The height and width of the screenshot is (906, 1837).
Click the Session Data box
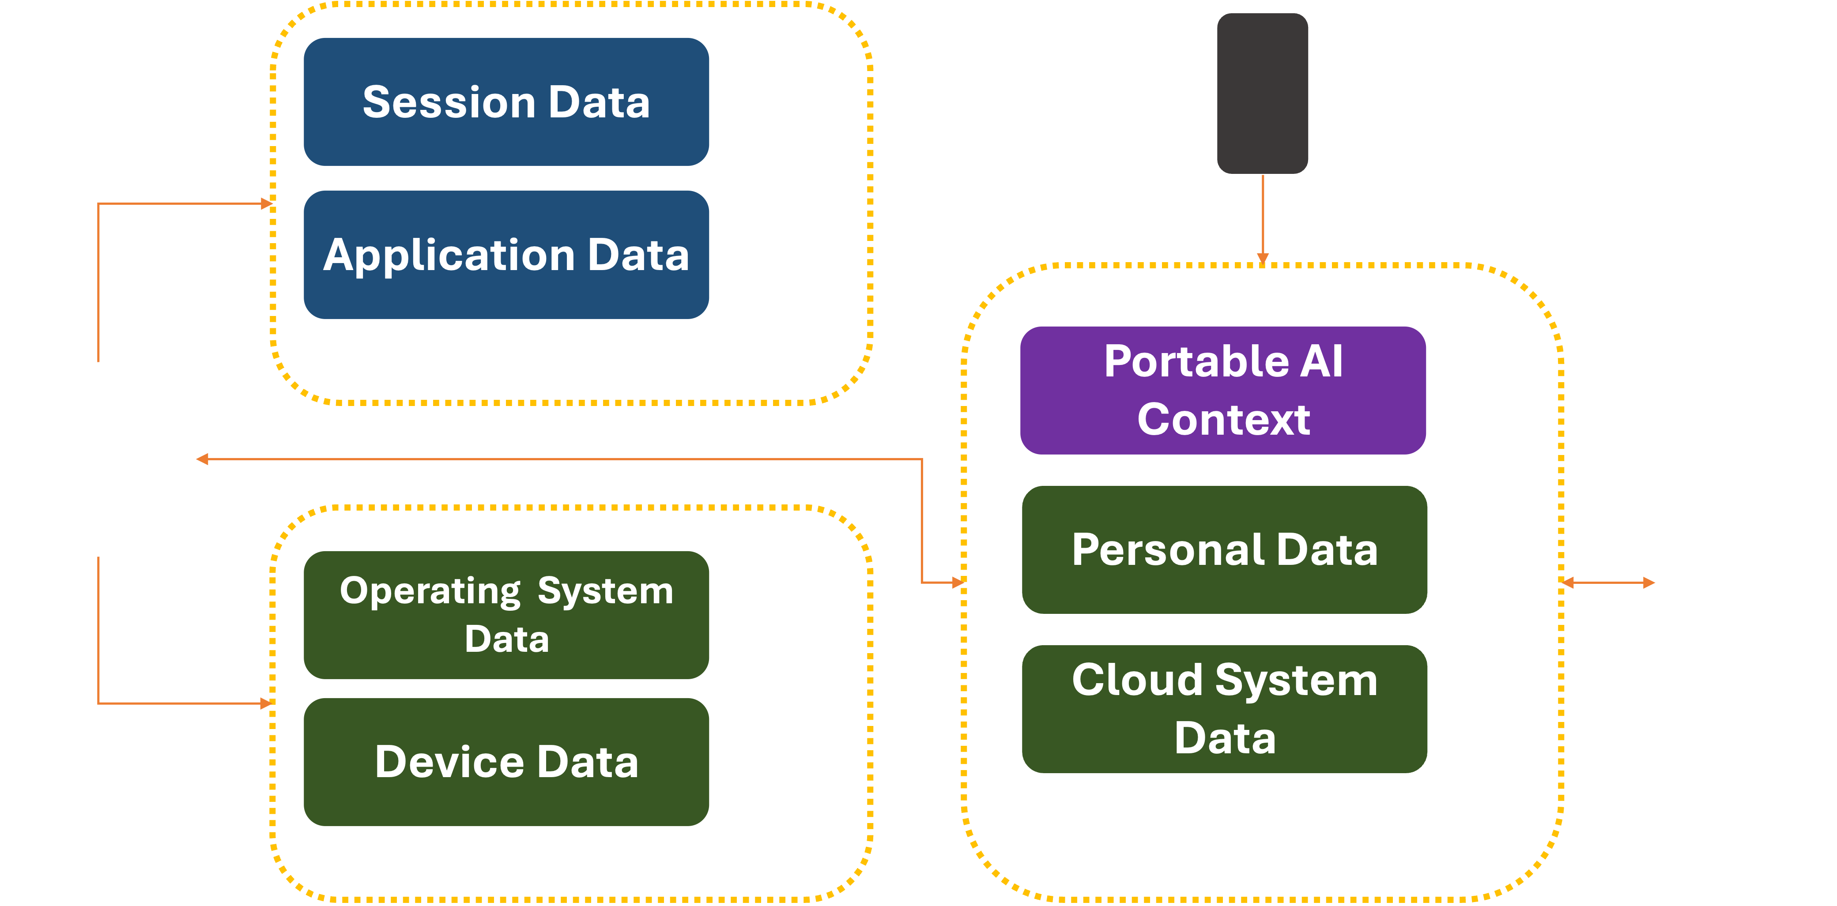pyautogui.click(x=506, y=102)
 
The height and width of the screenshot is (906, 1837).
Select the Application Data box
pyautogui.click(x=506, y=255)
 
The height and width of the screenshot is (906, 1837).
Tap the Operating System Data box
pyautogui.click(x=506, y=614)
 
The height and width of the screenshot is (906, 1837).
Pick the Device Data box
pyautogui.click(x=506, y=761)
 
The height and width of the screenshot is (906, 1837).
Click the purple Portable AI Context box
pyautogui.click(x=1223, y=390)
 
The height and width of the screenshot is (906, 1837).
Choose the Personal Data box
pyautogui.click(x=1224, y=549)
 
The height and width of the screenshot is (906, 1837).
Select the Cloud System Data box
pyautogui.click(x=1224, y=709)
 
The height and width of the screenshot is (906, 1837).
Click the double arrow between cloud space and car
pyautogui.click(x=1607, y=583)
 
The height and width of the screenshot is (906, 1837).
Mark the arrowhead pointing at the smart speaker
pyautogui.click(x=203, y=459)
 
